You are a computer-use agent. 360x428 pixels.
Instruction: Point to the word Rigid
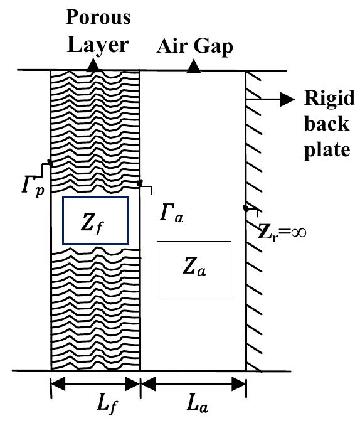329,99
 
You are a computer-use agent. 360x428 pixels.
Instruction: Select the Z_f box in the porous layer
96,220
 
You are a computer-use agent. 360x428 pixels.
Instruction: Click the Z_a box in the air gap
194,268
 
